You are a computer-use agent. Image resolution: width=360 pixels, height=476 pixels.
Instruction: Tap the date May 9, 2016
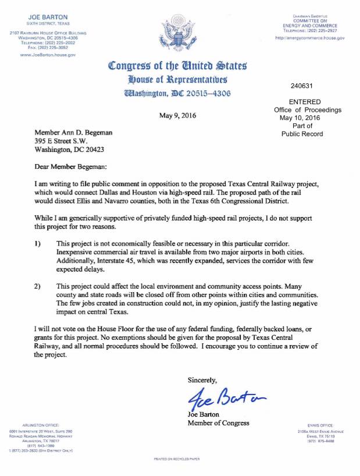177,115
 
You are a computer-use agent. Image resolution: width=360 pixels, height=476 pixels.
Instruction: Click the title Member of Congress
218,422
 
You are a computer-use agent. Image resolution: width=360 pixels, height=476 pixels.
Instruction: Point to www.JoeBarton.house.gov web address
48,55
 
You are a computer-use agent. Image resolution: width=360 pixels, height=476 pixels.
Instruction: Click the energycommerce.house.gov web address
309,37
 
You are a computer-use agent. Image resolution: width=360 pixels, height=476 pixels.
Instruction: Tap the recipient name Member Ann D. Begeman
73,133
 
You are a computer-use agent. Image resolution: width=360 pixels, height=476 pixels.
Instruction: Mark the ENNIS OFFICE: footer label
317,425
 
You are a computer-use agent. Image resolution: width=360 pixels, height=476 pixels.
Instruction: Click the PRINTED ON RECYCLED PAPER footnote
176,459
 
